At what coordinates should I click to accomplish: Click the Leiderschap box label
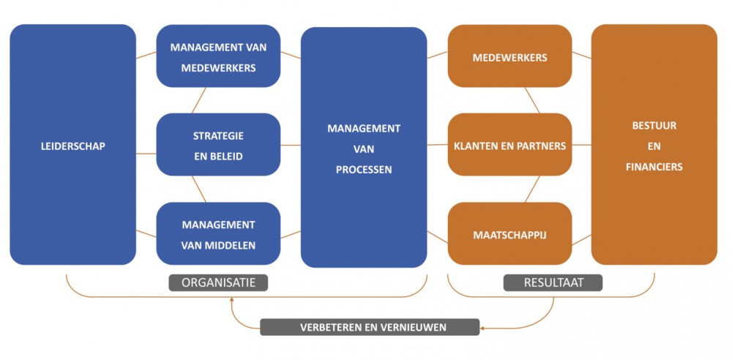tap(72, 146)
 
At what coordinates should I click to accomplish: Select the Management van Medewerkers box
tap(218, 57)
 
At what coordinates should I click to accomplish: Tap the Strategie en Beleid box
tap(218, 146)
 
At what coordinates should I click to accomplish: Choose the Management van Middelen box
tap(218, 234)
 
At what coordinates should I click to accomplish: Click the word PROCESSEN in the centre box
tap(364, 170)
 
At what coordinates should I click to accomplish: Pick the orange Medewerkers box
tap(509, 57)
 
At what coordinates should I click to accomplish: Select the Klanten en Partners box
tap(509, 146)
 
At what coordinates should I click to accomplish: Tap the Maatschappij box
tap(509, 236)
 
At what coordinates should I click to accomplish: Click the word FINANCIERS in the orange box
tap(654, 167)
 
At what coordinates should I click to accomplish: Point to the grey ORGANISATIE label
tap(218, 282)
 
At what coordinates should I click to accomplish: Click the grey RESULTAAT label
tap(553, 282)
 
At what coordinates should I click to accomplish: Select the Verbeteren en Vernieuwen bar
tap(369, 327)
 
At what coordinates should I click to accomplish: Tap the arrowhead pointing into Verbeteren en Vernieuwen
tap(484, 327)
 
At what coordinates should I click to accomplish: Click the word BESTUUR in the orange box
tap(654, 126)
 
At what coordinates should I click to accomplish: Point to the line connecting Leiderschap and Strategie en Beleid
tap(146, 154)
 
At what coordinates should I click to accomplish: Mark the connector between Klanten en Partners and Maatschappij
tap(532, 189)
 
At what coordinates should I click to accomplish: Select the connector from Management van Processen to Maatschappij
tap(437, 236)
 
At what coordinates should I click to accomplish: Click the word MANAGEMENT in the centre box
tap(364, 129)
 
